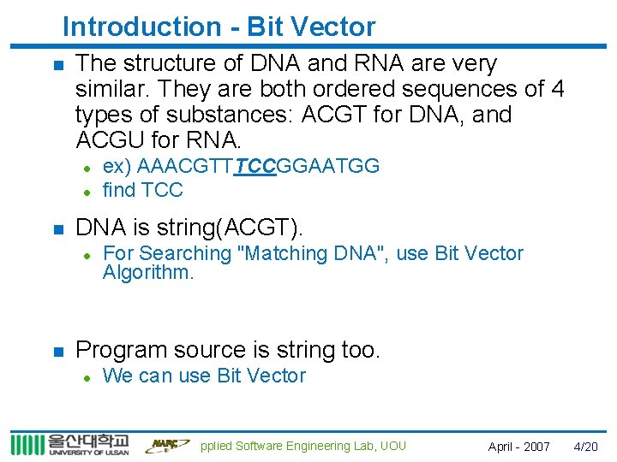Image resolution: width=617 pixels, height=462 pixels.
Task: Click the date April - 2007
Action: pos(518,447)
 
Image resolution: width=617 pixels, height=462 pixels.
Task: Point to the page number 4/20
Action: pos(585,447)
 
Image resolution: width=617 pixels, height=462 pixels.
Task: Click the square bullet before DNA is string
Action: pos(57,228)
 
